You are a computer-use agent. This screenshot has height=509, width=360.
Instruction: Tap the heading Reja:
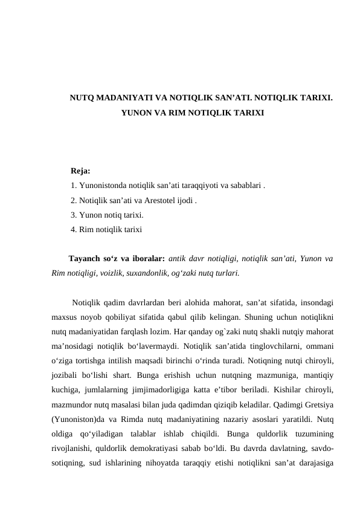click(x=80, y=172)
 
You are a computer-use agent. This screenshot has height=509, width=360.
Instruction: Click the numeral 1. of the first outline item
click(x=73, y=186)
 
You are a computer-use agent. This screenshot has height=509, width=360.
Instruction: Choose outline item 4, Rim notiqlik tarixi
click(x=106, y=230)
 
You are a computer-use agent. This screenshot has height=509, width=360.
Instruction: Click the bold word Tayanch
click(x=85, y=259)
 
